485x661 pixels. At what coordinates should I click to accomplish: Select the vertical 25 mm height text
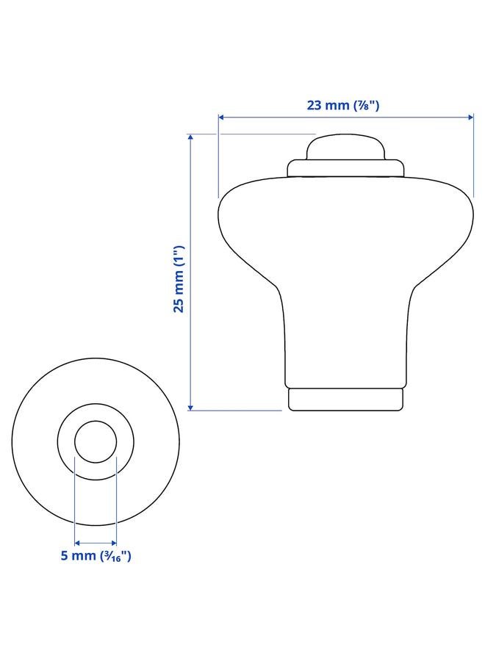coord(178,279)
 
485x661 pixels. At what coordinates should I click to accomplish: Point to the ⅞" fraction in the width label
coord(365,105)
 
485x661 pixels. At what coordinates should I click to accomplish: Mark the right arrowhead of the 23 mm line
coord(470,118)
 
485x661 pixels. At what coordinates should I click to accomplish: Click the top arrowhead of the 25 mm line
coord(190,137)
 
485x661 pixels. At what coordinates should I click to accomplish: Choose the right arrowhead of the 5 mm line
coord(114,543)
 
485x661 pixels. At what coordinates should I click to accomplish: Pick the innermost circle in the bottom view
coord(96,442)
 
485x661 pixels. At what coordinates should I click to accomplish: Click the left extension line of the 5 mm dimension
coord(75,499)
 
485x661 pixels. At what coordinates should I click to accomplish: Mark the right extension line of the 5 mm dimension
coord(117,499)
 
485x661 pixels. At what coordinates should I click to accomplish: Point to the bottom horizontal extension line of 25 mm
coord(235,411)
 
